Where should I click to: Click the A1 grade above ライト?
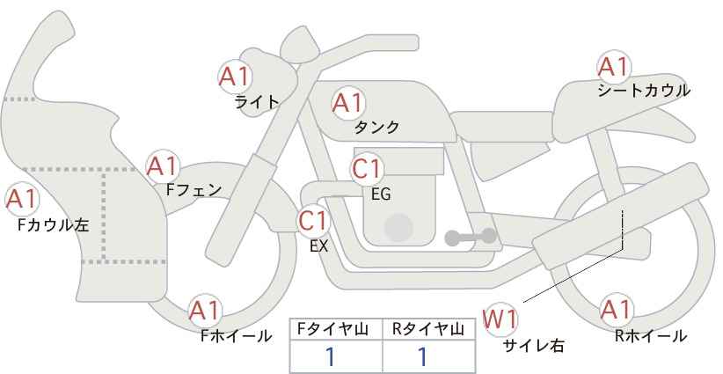click(x=235, y=77)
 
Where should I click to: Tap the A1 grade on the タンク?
click(x=348, y=103)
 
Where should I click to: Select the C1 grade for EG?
click(x=367, y=169)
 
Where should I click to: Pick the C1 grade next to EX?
click(x=313, y=221)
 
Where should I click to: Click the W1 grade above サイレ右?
click(x=500, y=319)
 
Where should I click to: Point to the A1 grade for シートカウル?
click(x=614, y=68)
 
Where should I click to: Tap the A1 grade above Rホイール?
click(x=616, y=310)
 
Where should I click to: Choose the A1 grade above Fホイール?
click(x=205, y=311)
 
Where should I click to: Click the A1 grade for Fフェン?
click(x=163, y=166)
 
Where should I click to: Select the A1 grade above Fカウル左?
click(x=22, y=200)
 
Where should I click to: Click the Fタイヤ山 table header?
click(x=332, y=329)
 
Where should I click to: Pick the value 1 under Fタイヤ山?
click(x=330, y=357)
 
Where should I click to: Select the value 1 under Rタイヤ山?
click(x=422, y=357)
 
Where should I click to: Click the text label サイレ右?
click(x=534, y=346)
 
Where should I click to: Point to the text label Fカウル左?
click(x=53, y=225)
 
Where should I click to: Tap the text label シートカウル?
click(x=644, y=91)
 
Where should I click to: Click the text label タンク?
click(x=376, y=127)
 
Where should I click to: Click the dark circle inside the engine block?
click(x=398, y=227)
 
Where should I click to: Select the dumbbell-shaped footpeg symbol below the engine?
click(x=471, y=237)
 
